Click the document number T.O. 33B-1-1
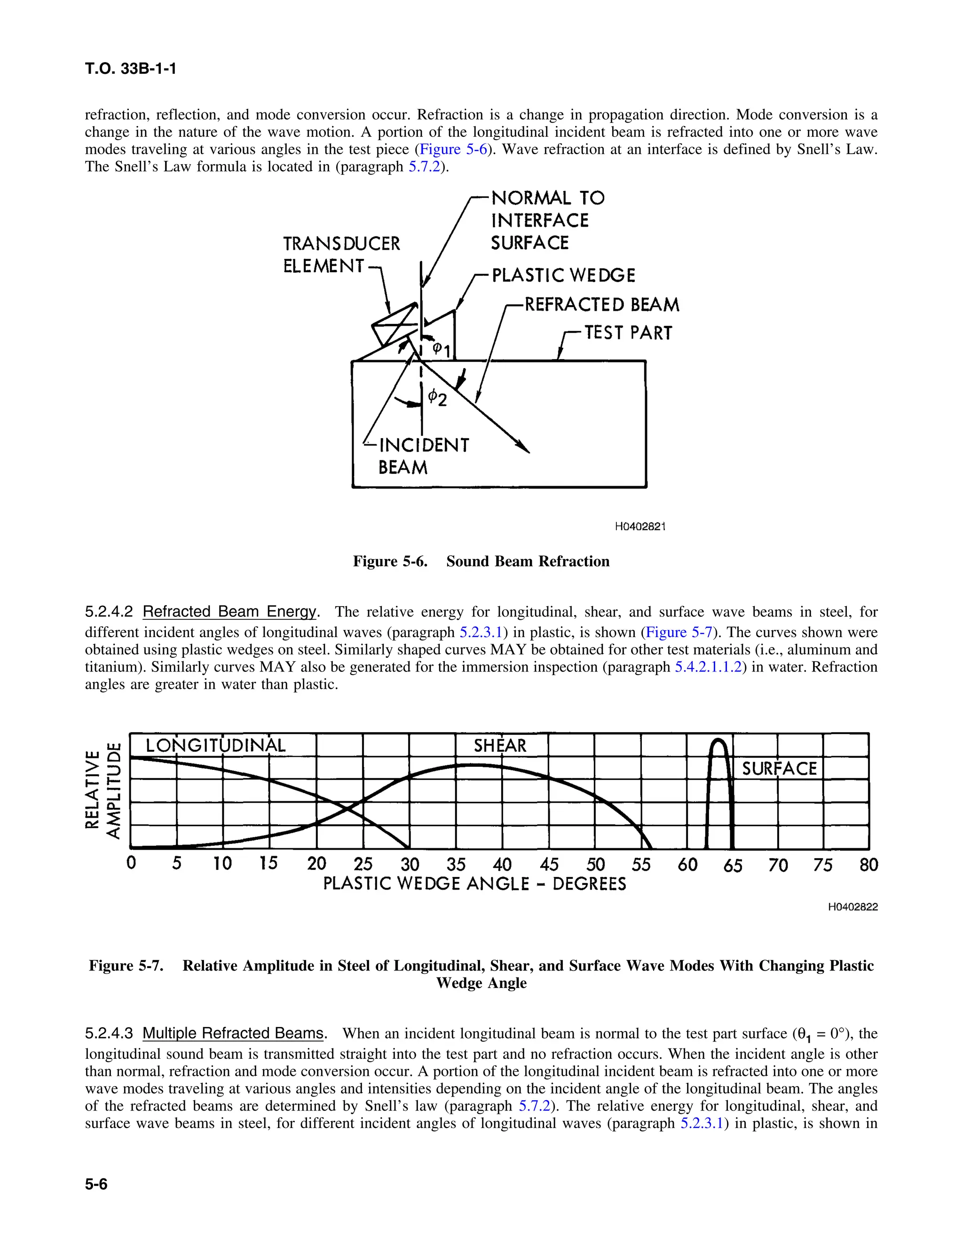(130, 69)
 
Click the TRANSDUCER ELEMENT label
(341, 254)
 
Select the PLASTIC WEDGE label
(563, 276)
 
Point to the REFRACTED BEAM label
(601, 305)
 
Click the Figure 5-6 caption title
(481, 561)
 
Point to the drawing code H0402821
(640, 527)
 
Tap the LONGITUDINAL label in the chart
(215, 746)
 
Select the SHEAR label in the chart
(500, 746)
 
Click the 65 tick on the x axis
(733, 866)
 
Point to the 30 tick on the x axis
(410, 864)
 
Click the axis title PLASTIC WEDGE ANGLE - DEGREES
(474, 884)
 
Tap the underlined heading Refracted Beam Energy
(229, 612)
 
